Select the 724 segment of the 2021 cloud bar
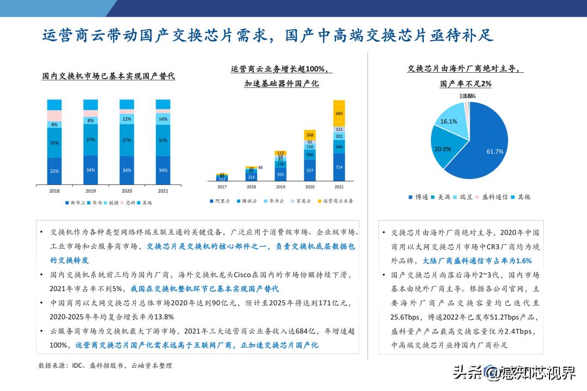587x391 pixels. pyautogui.click(x=339, y=167)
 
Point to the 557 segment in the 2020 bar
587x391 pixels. pyautogui.click(x=310, y=170)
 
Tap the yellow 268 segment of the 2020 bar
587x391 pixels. pyautogui.click(x=310, y=135)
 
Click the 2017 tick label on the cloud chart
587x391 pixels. pyautogui.click(x=222, y=187)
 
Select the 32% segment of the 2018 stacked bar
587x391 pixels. pyautogui.click(x=54, y=171)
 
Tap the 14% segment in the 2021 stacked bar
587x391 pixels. pyautogui.click(x=163, y=118)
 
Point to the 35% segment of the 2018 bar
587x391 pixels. pyautogui.click(x=54, y=143)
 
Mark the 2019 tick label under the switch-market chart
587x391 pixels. pyautogui.click(x=90, y=191)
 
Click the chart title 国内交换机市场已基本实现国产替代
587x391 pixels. pyautogui.click(x=109, y=77)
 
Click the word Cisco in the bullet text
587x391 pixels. pyautogui.click(x=242, y=275)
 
